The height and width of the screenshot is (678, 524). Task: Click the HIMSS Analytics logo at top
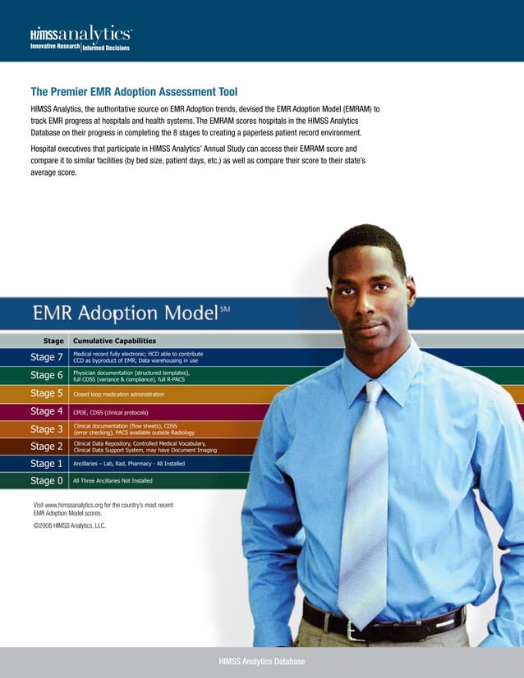pos(80,39)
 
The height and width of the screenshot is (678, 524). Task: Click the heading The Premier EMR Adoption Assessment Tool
pos(134,92)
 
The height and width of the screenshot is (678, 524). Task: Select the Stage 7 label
pos(47,357)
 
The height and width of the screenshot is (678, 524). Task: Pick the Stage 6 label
pos(47,375)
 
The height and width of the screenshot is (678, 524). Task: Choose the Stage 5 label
pos(47,393)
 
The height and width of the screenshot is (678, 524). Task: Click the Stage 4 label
pos(47,411)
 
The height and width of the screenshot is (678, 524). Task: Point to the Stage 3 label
pos(47,429)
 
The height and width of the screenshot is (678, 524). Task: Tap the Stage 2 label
pos(47,447)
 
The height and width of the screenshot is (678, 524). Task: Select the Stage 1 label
pos(47,464)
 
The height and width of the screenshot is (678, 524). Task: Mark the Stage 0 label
pos(47,481)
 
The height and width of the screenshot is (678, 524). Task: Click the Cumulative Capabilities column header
pos(114,341)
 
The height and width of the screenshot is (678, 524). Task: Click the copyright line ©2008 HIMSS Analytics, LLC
pos(70,526)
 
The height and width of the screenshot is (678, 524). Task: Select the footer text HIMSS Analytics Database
pos(261,662)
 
